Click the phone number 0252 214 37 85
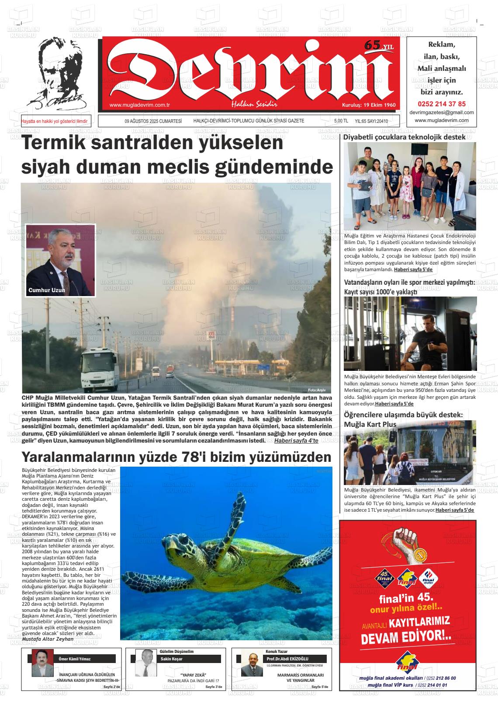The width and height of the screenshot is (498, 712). point(442,104)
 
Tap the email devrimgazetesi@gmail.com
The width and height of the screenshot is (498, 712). point(442,112)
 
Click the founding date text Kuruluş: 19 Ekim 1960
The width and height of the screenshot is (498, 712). point(368,105)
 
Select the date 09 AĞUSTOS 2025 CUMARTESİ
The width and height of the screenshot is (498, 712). point(153,121)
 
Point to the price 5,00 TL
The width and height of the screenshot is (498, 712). point(341,121)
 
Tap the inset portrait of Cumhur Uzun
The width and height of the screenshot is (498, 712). point(60,260)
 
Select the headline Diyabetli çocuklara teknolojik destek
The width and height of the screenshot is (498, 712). point(405,137)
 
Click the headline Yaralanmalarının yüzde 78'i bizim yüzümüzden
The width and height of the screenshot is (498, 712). point(176,457)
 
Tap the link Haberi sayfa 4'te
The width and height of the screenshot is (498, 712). point(296,440)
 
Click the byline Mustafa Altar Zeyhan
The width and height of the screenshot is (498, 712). point(47,639)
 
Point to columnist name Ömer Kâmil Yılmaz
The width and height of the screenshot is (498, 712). point(75,659)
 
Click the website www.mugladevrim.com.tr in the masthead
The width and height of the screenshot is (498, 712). point(139,105)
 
